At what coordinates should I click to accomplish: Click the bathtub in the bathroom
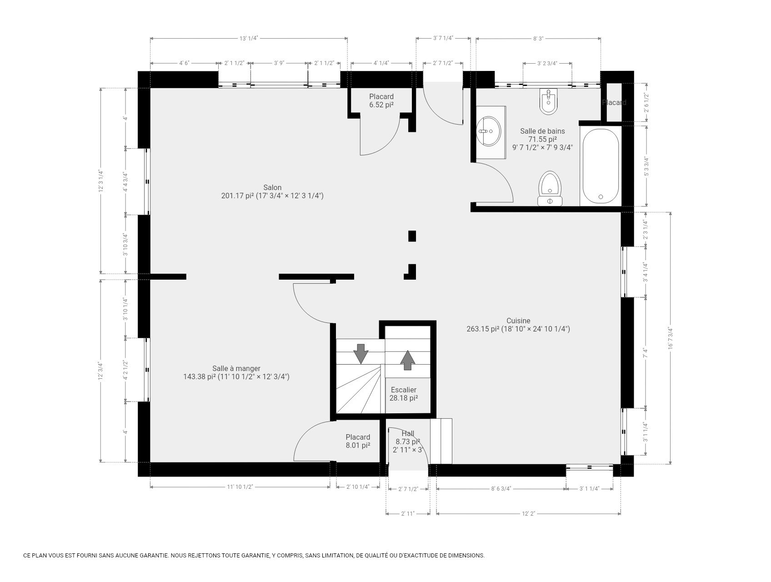click(600, 166)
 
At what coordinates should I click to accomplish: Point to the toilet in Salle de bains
click(550, 189)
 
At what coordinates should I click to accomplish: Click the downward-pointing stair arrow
click(360, 354)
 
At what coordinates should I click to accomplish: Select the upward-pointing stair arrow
click(408, 360)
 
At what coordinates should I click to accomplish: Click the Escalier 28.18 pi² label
click(403, 394)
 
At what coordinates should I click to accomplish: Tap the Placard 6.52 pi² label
click(381, 100)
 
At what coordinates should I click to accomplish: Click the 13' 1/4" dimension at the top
click(249, 38)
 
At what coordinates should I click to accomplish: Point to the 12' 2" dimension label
click(528, 513)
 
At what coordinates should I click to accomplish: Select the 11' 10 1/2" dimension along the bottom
click(240, 487)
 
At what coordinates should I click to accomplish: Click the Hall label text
click(407, 434)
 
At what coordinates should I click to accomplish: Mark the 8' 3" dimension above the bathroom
click(538, 39)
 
